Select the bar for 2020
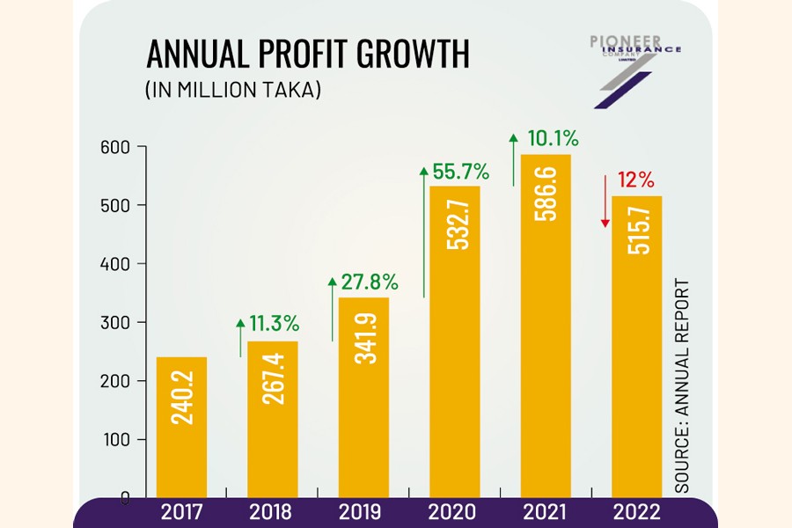pos(455,343)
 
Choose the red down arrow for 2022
pos(605,201)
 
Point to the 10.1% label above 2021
pos(553,138)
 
